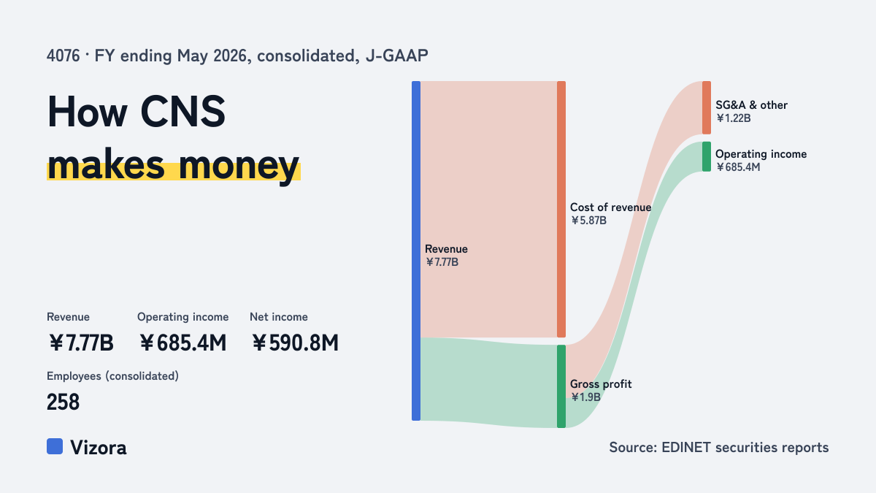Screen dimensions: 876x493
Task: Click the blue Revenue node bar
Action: (x=416, y=251)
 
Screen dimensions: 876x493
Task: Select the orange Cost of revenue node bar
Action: (x=561, y=210)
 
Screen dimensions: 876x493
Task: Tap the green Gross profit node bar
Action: (x=561, y=386)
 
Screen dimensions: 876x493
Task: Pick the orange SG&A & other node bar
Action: (x=707, y=107)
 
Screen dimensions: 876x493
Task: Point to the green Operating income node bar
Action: (x=707, y=156)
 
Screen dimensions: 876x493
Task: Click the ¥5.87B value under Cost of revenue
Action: (x=588, y=221)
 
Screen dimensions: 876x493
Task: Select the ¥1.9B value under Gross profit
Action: (x=585, y=397)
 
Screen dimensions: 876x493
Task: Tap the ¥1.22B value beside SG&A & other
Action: (x=733, y=118)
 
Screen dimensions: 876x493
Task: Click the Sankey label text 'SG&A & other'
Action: (x=751, y=105)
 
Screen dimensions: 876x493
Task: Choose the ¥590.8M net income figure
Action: (x=295, y=343)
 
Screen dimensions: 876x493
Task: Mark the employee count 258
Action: (x=63, y=402)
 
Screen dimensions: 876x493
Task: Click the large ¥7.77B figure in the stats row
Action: (x=81, y=343)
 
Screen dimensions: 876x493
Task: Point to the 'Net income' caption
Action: (x=278, y=317)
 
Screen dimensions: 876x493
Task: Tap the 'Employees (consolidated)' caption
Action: (x=112, y=376)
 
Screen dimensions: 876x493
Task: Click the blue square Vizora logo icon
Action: (x=55, y=446)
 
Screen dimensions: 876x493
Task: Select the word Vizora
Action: (x=98, y=447)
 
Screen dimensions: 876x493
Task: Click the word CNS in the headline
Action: (x=182, y=112)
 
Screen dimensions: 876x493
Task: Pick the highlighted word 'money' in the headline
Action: (x=239, y=166)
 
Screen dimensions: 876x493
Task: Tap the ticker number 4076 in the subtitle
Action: (x=63, y=56)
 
